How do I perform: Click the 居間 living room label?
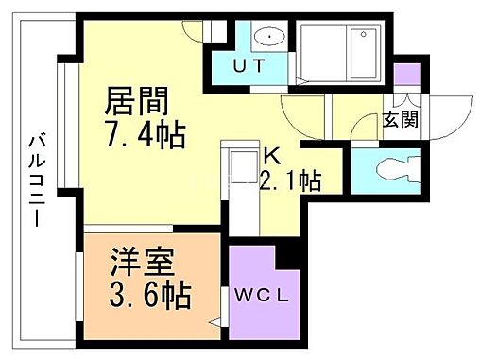coord(137,98)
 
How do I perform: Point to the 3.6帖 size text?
coord(150,293)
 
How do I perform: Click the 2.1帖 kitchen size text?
coord(289,180)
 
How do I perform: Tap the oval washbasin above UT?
coord(269,37)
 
